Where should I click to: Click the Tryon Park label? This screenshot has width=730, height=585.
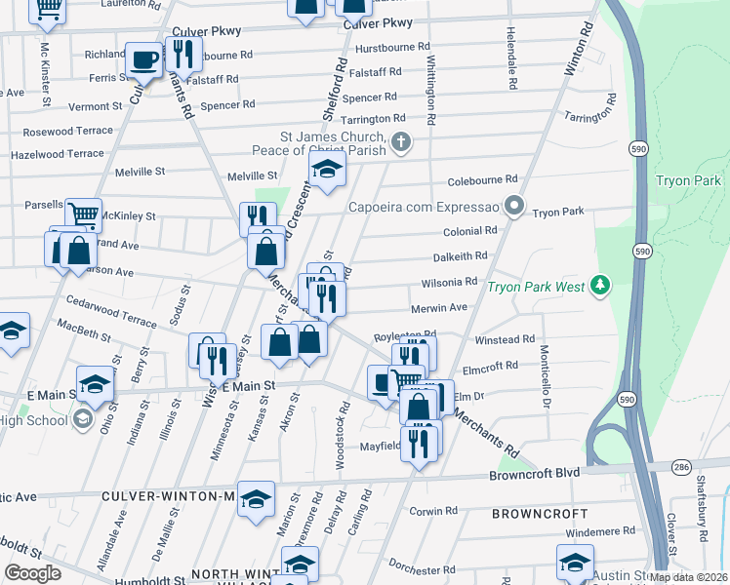coord(688,181)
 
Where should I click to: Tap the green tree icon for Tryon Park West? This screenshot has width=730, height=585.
coord(601,286)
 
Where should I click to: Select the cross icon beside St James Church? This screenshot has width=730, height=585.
coord(400,143)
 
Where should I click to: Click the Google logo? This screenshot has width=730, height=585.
coord(32,573)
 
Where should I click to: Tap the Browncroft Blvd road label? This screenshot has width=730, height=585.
coord(535,473)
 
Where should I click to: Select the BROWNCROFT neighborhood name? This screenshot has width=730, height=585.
coord(540,513)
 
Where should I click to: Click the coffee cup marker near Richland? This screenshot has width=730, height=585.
coord(144,61)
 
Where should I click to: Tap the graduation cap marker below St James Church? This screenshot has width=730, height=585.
coord(328,170)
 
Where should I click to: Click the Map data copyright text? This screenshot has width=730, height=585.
coord(688,577)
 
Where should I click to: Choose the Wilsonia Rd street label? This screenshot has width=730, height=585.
coord(449,282)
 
